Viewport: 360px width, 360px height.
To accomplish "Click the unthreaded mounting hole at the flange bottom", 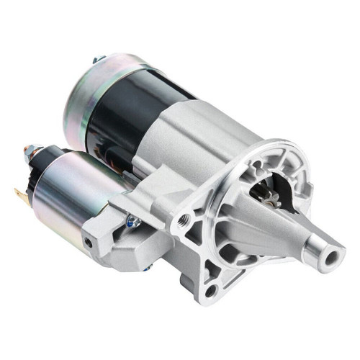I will click(x=210, y=290).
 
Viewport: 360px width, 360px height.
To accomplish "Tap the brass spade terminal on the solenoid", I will click(x=19, y=193).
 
